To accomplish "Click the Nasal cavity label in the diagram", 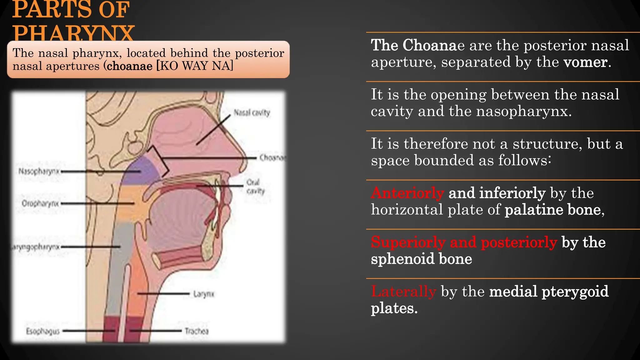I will click(x=252, y=112).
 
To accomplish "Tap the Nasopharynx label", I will click(x=39, y=171).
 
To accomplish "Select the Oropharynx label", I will click(x=40, y=203).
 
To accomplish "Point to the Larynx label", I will click(x=204, y=294).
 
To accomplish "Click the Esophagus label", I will click(x=43, y=331).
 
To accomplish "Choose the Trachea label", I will click(x=196, y=331).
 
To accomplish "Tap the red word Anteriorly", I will click(x=407, y=193).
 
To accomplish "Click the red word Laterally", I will click(x=403, y=291).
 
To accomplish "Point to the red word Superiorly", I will click(x=408, y=242).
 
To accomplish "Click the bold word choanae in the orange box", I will click(x=130, y=66).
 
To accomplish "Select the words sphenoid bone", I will click(x=421, y=259).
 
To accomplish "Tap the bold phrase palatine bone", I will click(x=553, y=209).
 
